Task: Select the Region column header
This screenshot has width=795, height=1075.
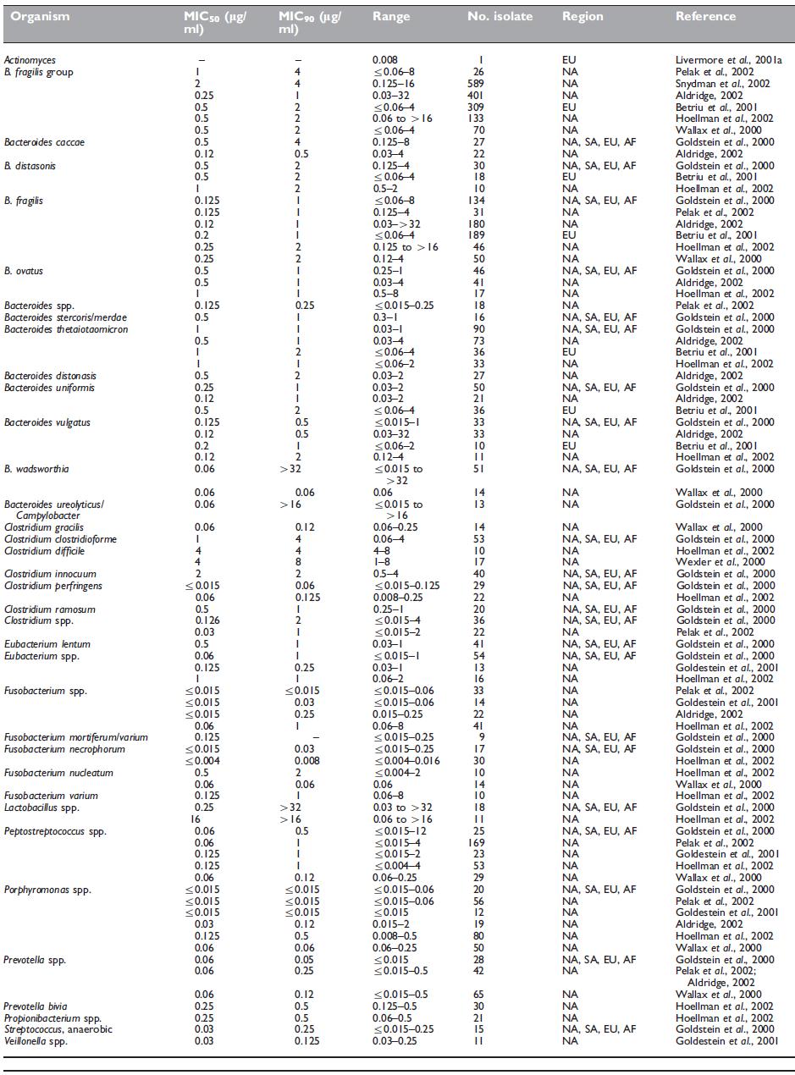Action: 582,16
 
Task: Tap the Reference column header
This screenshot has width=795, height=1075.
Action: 705,16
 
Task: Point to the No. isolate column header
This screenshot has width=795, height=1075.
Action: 502,16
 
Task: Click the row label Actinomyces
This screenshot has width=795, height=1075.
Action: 26,61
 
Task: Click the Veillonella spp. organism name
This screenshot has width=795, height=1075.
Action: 35,1040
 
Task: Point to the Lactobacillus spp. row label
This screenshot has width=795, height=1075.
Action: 39,808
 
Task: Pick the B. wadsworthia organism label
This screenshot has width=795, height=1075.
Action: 35,467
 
